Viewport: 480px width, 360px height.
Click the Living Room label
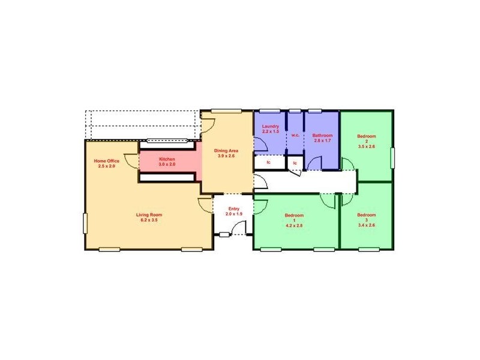pyautogui.click(x=149, y=215)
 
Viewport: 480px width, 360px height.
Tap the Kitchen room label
pyautogui.click(x=167, y=159)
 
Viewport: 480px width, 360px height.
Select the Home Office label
pyautogui.click(x=106, y=161)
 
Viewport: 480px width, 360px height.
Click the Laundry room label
pyautogui.click(x=271, y=127)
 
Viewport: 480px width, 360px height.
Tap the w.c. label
pyautogui.click(x=295, y=135)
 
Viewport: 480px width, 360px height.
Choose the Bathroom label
pyautogui.click(x=322, y=136)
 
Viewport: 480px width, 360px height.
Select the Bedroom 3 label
pyautogui.click(x=366, y=215)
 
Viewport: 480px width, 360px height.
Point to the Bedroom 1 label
pyautogui.click(x=294, y=215)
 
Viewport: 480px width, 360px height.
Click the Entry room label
pyautogui.click(x=234, y=209)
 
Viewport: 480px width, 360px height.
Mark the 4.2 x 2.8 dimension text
pyautogui.click(x=294, y=226)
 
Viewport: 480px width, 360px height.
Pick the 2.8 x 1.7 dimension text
pyautogui.click(x=322, y=140)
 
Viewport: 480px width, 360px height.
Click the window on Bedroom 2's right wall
pyautogui.click(x=394, y=159)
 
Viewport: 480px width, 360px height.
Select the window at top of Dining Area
pyautogui.click(x=226, y=110)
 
